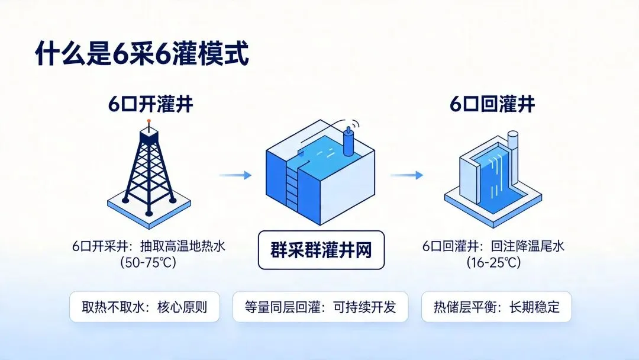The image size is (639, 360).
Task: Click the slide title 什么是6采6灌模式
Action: (141, 54)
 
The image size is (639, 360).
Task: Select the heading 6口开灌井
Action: (150, 105)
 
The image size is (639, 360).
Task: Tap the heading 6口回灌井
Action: (492, 105)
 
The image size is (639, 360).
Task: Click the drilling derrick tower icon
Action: (149, 169)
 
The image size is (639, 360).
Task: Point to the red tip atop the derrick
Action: (149, 121)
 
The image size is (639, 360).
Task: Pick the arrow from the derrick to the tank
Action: (235, 175)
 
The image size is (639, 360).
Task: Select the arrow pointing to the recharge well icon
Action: (406, 175)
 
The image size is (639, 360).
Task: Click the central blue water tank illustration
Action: (319, 172)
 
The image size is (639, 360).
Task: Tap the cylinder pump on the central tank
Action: (348, 140)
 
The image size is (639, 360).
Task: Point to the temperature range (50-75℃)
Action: (149, 262)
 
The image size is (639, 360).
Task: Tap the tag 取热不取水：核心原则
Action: (144, 307)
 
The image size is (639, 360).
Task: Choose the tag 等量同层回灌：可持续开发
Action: (319, 307)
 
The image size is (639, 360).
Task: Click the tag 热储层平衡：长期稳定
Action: (496, 307)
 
